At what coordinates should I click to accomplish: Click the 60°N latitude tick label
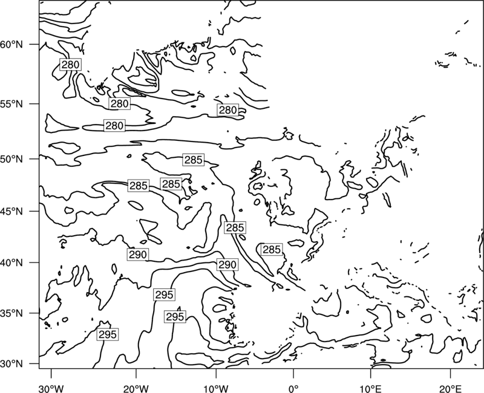(11, 44)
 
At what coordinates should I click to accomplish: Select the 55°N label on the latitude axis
(11, 104)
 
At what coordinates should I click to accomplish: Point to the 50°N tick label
(11, 159)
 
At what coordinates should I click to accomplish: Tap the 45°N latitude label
(11, 211)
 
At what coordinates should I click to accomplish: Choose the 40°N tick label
(11, 263)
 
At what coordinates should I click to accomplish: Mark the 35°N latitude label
(11, 313)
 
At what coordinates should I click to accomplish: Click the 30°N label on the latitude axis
(11, 364)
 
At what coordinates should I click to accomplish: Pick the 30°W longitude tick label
(51, 388)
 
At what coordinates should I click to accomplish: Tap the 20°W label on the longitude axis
(136, 388)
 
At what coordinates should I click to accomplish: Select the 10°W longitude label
(215, 388)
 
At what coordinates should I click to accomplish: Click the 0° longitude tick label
(293, 388)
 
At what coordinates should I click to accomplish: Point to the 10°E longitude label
(370, 388)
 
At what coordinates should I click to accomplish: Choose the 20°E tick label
(450, 388)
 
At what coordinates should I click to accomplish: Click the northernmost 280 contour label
(70, 65)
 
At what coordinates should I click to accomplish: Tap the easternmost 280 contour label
(228, 110)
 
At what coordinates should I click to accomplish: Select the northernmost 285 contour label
(193, 160)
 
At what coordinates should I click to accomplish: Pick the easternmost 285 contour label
(272, 249)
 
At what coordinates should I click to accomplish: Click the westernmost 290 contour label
(138, 255)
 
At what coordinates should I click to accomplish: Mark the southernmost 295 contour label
(108, 334)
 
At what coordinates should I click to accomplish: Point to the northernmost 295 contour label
(164, 294)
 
